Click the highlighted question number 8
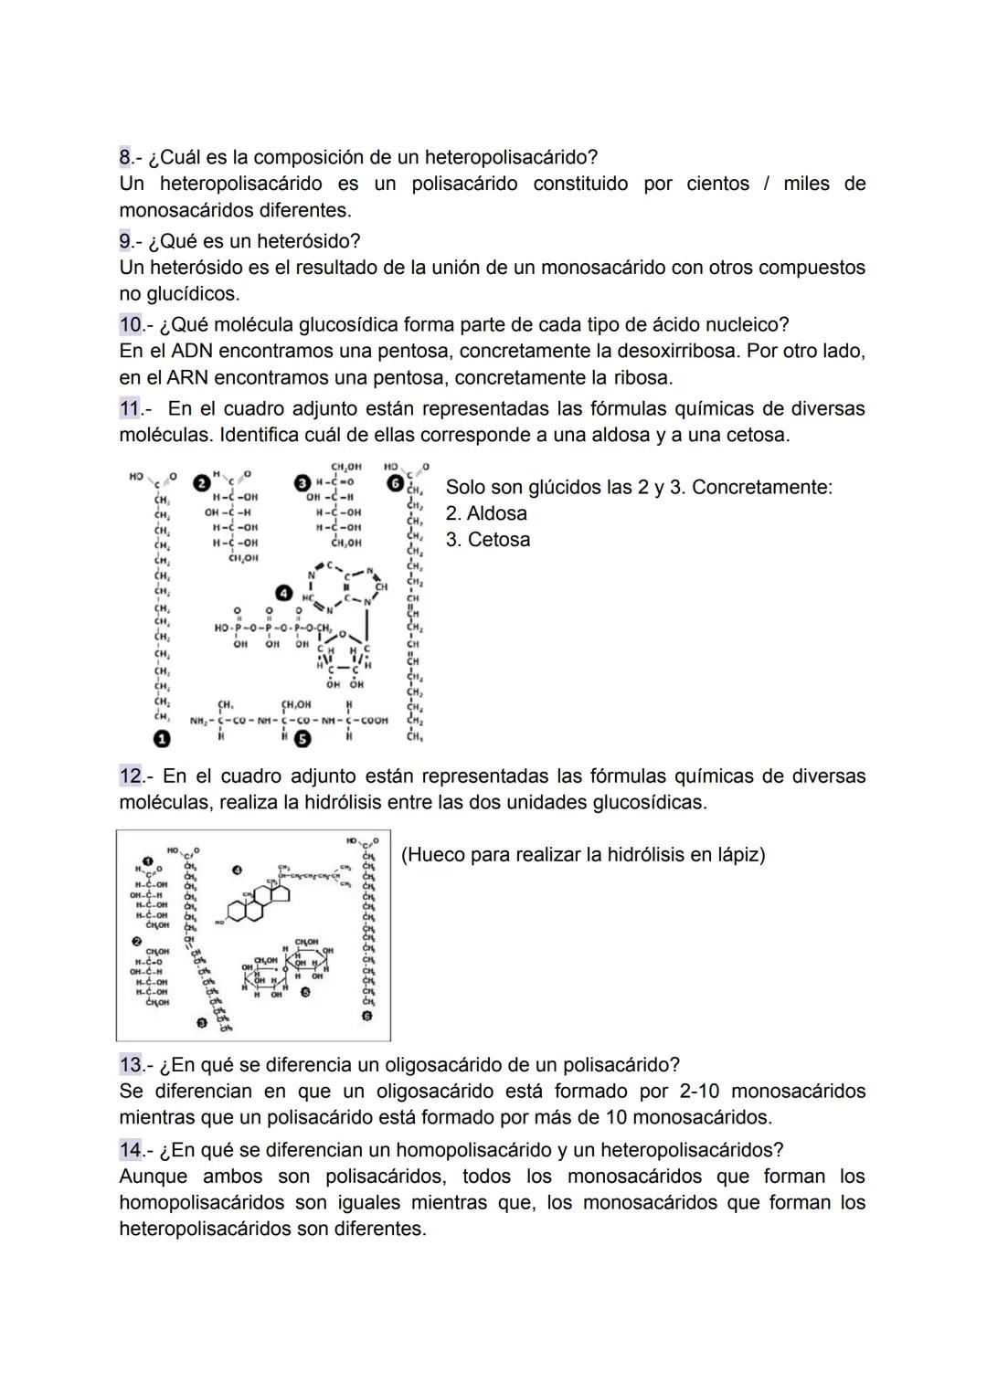[126, 157]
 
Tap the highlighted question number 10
[131, 325]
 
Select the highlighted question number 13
[131, 1065]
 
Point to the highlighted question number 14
[131, 1149]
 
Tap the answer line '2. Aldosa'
[486, 513]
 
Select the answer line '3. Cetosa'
[487, 540]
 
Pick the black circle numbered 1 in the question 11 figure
[162, 738]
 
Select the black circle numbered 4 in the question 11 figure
[285, 593]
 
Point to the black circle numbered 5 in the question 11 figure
[300, 738]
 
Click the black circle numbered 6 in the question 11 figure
[396, 482]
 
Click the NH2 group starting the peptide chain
[199, 721]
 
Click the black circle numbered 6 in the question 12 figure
[368, 1015]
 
